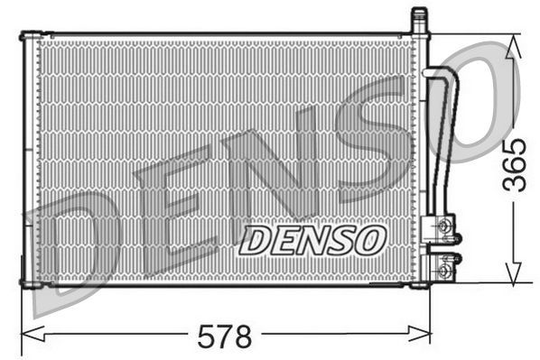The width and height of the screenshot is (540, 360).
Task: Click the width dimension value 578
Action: coord(225,337)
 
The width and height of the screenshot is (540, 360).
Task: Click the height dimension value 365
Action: coord(516,165)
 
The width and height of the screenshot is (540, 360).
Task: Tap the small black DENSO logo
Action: coord(312,240)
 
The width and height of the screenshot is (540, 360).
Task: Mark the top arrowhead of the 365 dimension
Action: coord(515,42)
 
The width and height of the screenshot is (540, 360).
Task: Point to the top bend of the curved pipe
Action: coord(442,75)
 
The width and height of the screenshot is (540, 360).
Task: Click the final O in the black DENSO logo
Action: coord(370,240)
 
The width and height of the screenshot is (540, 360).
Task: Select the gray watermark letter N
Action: coord(271,162)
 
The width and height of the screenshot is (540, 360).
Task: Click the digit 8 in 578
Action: coord(242,337)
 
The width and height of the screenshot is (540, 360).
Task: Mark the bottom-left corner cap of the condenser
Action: coord(28,284)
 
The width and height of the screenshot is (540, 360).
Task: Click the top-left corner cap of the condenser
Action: coord(28,37)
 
